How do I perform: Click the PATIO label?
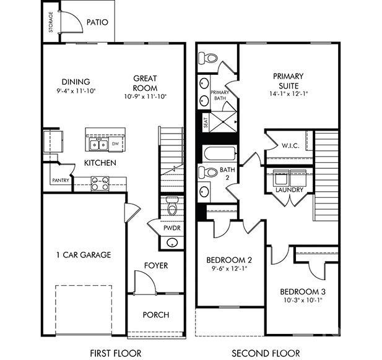pyautogui.click(x=97, y=22)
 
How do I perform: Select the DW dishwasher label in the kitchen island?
pyautogui.click(x=115, y=145)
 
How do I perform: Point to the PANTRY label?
pyautogui.click(x=60, y=181)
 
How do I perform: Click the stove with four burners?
pyautogui.click(x=100, y=183)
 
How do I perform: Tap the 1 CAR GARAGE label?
pyautogui.click(x=84, y=254)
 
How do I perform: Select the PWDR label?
pyautogui.click(x=171, y=228)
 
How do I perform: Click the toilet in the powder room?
pyautogui.click(x=172, y=206)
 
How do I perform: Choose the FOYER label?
pyautogui.click(x=156, y=265)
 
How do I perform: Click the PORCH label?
pyautogui.click(x=156, y=314)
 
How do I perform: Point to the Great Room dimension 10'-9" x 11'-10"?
pyautogui.click(x=145, y=96)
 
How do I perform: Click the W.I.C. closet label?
pyautogui.click(x=290, y=147)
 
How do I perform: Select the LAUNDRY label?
pyautogui.click(x=289, y=190)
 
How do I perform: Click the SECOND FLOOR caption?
pyautogui.click(x=266, y=353)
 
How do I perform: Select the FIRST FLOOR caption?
pyautogui.click(x=116, y=353)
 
